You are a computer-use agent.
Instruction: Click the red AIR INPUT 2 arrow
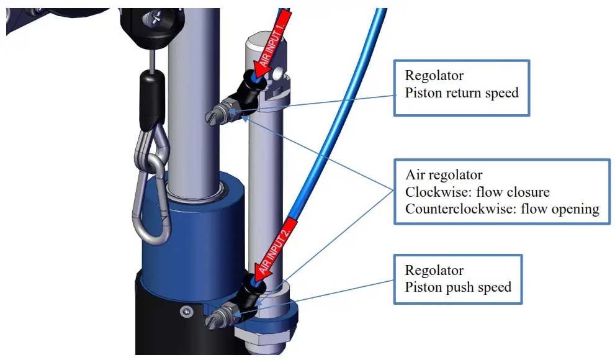pyautogui.click(x=278, y=244)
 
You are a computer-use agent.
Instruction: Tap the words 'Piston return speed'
pyautogui.click(x=462, y=93)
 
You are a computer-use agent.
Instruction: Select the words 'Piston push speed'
pyautogui.click(x=458, y=287)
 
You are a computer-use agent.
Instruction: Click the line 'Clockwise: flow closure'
pyautogui.click(x=478, y=192)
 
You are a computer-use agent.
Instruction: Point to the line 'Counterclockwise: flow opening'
pyautogui.click(x=502, y=209)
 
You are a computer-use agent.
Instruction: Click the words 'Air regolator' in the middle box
pyautogui.click(x=444, y=175)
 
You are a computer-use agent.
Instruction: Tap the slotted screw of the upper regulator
pyautogui.click(x=215, y=114)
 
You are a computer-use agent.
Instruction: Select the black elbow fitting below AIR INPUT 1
pyautogui.click(x=247, y=93)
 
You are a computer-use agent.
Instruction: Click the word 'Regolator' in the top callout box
pyautogui.click(x=434, y=76)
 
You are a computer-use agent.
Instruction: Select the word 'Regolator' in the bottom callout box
pyautogui.click(x=434, y=271)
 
